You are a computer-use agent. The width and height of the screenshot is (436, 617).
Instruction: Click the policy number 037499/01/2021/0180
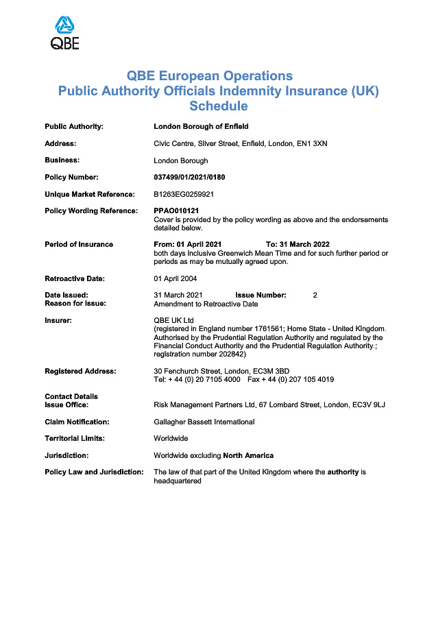pos(189,177)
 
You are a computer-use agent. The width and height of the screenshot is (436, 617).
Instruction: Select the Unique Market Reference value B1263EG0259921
pos(184,194)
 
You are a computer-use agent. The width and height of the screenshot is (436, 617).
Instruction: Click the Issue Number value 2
pos(315,295)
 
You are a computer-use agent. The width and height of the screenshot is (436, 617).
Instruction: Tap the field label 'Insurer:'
pos(58,320)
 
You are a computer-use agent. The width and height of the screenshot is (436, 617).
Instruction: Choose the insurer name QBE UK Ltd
pos(174,320)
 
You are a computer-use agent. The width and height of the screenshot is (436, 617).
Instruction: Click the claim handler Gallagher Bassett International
pos(204,422)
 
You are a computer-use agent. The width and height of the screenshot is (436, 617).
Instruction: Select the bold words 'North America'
pos(248,455)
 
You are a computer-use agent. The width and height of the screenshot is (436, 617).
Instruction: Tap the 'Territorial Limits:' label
pos(75,438)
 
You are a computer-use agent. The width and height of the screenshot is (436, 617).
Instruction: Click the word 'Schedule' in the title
pos(218,106)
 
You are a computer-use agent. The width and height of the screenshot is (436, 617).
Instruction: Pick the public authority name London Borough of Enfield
pos(201,126)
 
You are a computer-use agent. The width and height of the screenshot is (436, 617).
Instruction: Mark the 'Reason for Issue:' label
pos(75,303)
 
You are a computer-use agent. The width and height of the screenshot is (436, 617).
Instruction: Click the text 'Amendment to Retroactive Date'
pos(206,303)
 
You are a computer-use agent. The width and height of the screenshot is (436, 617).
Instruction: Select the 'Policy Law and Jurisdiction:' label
pos(94,472)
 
